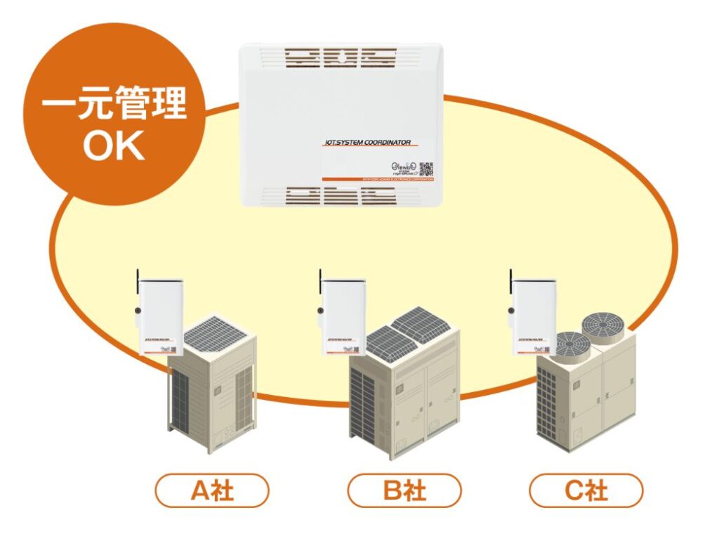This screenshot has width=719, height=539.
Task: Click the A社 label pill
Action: pyautogui.click(x=212, y=491)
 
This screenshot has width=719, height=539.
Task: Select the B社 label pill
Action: pyautogui.click(x=404, y=491)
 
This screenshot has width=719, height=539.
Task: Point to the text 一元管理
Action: pyautogui.click(x=114, y=106)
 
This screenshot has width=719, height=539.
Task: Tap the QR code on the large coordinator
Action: pyautogui.click(x=426, y=169)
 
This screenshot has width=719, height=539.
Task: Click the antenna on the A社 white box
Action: pyautogui.click(x=138, y=281)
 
